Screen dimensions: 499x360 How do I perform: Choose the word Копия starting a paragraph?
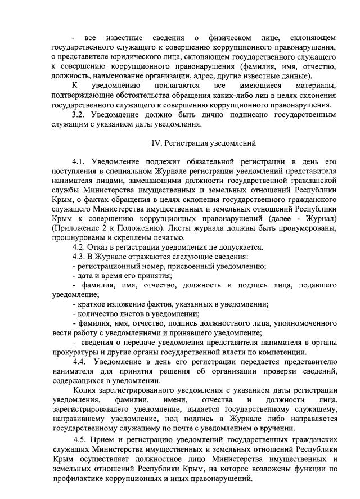[84, 390]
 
